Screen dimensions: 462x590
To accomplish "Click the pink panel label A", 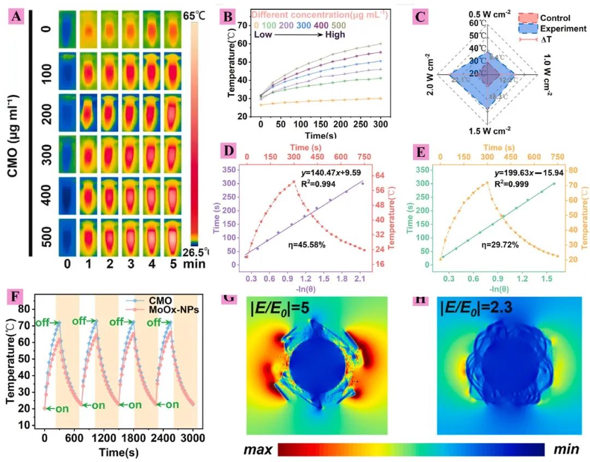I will pos(17,17).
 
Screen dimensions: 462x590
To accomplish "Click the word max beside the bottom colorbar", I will pos(258,449).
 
